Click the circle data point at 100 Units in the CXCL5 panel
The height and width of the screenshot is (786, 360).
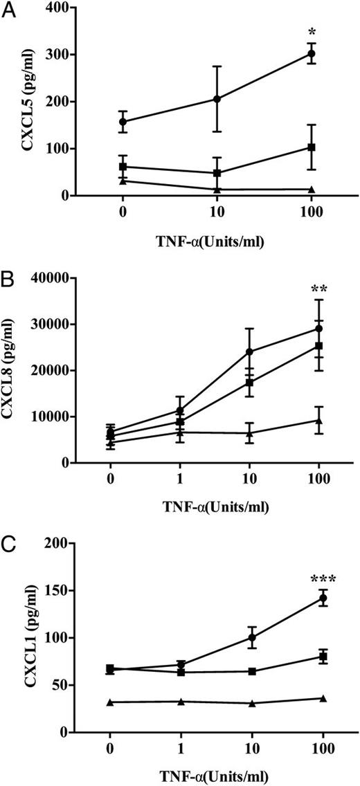point(312,53)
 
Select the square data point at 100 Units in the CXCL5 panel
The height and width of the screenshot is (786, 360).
point(312,147)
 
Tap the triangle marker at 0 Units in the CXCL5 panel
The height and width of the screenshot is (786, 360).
point(123,181)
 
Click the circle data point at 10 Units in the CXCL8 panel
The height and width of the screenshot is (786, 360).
point(249,351)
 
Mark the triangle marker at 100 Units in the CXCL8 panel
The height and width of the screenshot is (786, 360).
point(318,420)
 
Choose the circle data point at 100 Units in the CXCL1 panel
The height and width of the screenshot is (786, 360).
point(323,598)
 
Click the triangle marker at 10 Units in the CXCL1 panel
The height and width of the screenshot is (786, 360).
point(252,703)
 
